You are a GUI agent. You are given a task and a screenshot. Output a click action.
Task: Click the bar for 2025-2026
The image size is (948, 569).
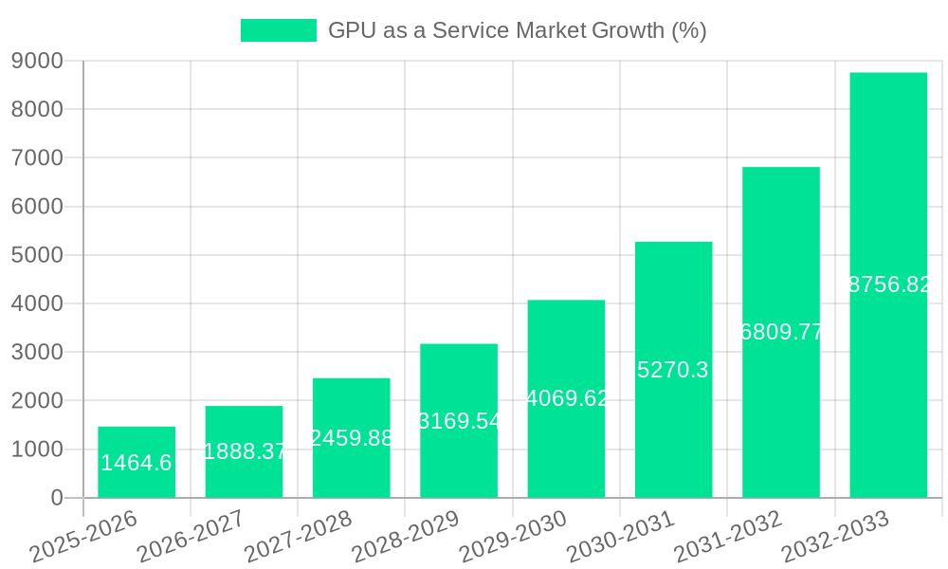(137, 462)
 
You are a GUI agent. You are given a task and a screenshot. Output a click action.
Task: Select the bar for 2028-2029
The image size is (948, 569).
(459, 420)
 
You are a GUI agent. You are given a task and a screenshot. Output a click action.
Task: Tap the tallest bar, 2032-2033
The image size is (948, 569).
(888, 284)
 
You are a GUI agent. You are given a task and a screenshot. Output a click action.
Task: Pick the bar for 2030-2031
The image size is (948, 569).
(673, 370)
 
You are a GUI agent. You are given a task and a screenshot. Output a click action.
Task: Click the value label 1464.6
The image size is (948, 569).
(137, 463)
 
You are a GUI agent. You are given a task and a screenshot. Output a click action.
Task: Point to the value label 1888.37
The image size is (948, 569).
(245, 451)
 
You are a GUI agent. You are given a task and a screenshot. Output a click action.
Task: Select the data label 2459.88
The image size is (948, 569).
(352, 438)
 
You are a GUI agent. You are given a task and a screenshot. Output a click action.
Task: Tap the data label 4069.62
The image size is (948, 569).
(566, 398)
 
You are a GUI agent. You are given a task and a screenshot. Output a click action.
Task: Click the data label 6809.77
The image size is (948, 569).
(781, 332)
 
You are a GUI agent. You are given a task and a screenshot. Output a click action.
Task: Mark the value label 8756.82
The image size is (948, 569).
(888, 284)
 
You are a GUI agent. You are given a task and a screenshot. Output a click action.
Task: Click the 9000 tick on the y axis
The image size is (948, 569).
(37, 61)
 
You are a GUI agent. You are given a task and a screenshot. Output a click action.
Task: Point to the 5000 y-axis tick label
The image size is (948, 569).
(37, 255)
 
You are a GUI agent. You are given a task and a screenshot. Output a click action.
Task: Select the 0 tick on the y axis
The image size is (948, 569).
(57, 498)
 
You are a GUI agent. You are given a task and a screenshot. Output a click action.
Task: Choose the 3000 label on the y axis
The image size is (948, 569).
(37, 352)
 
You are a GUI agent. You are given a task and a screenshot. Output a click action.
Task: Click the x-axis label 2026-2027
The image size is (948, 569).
(190, 537)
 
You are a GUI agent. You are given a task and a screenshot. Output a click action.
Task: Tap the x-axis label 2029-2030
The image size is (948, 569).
(512, 537)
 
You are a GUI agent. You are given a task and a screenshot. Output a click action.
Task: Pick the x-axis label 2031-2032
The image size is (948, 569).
(727, 537)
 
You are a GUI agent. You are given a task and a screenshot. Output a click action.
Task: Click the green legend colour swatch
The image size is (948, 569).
(278, 30)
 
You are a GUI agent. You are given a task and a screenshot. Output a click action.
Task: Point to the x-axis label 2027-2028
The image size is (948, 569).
(298, 537)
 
